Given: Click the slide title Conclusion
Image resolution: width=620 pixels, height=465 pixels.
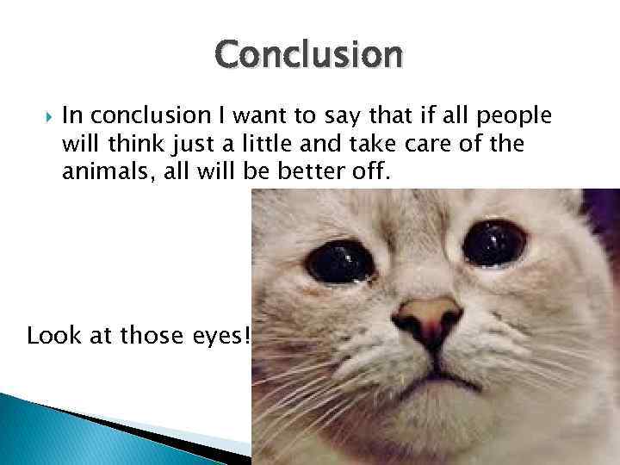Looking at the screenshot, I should pos(309,55).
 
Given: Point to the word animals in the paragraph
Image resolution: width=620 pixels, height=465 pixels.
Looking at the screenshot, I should pos(98,172).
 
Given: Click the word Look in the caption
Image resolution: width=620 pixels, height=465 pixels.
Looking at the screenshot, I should pos(50,335).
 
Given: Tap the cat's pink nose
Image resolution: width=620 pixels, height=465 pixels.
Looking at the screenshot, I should pos(428,314).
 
